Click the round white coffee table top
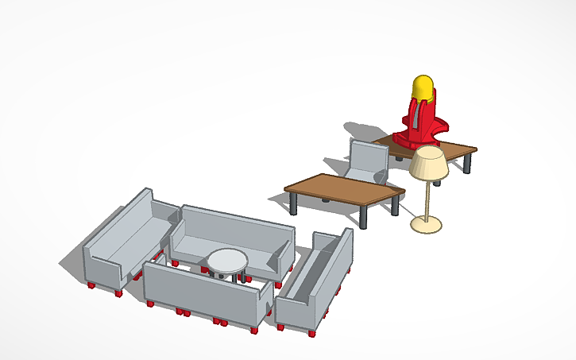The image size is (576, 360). [227, 260]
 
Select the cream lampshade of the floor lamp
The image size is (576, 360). [429, 164]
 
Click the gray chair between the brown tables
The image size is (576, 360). [368, 161]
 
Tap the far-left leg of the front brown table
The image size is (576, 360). [296, 203]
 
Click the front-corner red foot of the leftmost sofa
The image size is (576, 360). [118, 293]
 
